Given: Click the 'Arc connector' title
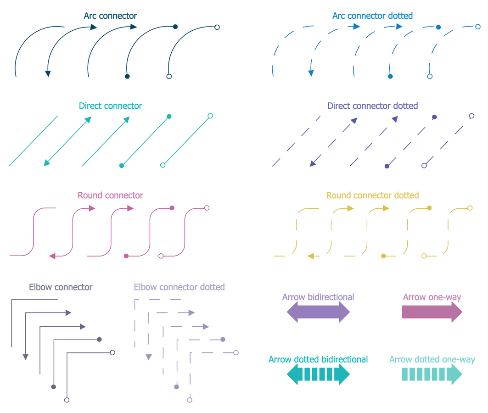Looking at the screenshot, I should (110, 16).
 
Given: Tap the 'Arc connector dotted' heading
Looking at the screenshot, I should (372, 16).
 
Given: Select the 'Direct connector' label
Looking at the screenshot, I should (110, 106).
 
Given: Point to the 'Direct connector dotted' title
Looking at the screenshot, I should (372, 106).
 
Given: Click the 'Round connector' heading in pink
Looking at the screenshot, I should (110, 195).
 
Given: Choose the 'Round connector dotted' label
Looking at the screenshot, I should (372, 195).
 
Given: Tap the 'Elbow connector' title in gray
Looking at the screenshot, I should (61, 287).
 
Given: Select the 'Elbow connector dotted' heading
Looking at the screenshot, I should (179, 287).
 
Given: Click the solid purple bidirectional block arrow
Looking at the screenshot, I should (318, 313).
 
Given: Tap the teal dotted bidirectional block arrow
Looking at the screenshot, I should (318, 375).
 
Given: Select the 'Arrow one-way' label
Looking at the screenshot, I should (432, 297).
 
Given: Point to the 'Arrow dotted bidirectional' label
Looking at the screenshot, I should (318, 359).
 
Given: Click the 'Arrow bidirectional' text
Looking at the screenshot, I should (318, 297).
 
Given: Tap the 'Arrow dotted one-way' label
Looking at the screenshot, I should (432, 359).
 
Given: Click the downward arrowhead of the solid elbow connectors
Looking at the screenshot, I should (26, 357).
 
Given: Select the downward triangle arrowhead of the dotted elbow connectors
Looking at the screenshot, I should (148, 357).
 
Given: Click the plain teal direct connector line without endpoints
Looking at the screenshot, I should (34, 140).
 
